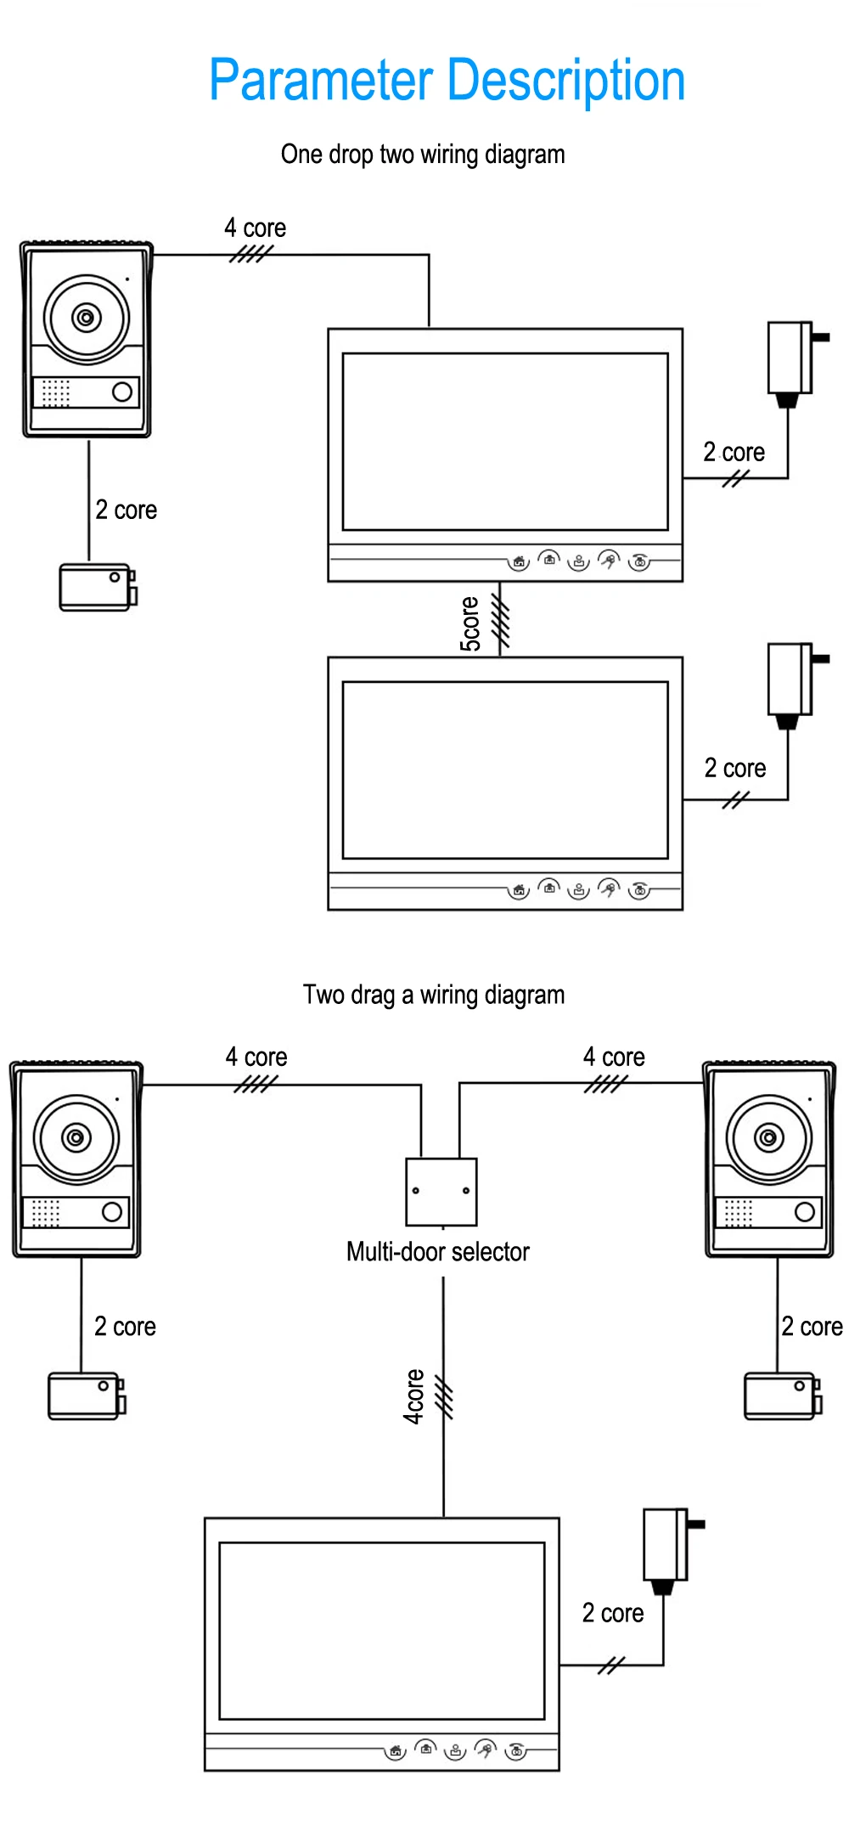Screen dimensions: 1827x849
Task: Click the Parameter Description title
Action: point(447,81)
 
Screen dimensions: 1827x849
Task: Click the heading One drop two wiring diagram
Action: point(423,155)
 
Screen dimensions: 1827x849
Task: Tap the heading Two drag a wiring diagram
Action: point(433,995)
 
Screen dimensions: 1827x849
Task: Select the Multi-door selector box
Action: point(441,1192)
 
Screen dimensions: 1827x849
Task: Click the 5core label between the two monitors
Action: point(470,624)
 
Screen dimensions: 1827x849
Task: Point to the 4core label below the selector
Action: point(413,1396)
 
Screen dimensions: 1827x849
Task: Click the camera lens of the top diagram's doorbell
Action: point(86,318)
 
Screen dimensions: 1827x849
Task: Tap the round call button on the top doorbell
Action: point(122,392)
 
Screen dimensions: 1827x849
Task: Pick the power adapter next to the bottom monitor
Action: point(668,1548)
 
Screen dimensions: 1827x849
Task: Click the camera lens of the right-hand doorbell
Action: point(769,1137)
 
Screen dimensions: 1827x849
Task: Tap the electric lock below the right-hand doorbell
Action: point(782,1396)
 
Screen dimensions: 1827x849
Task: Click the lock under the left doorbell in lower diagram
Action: point(86,1396)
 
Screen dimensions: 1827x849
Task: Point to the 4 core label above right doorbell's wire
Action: point(614,1057)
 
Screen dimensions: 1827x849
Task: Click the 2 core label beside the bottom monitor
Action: point(613,1613)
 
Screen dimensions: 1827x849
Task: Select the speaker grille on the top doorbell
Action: point(56,392)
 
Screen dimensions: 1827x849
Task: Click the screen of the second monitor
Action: point(505,770)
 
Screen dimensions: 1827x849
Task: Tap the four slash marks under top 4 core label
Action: point(251,253)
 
